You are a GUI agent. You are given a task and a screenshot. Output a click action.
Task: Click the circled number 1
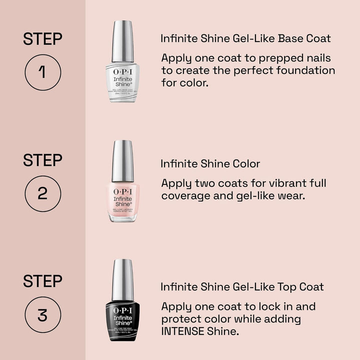point(42,72)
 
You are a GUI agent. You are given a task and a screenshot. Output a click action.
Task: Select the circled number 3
point(42,315)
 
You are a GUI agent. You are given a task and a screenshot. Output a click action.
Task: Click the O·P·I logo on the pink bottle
point(123,191)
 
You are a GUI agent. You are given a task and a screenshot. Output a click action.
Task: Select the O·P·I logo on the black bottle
point(123,310)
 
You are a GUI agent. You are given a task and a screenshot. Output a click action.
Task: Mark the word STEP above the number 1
point(42,39)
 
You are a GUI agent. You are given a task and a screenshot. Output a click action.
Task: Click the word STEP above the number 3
point(42,281)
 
